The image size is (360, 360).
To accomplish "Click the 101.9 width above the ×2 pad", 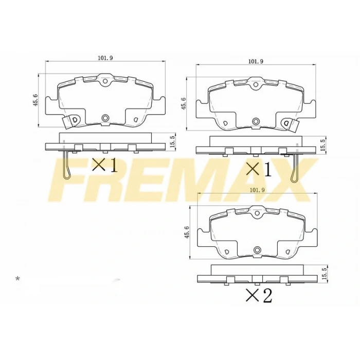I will (x=256, y=190).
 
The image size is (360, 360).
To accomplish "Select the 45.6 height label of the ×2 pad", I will (x=187, y=232).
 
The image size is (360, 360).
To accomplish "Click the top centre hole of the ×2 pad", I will (x=256, y=212).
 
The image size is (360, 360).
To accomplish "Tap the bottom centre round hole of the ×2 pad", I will (x=256, y=250).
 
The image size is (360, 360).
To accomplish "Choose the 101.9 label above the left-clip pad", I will (x=105, y=58).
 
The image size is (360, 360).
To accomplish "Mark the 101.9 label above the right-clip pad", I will (x=256, y=61).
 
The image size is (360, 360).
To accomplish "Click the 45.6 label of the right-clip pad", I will (x=183, y=103).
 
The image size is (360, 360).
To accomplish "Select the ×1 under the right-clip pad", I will (x=258, y=169).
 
